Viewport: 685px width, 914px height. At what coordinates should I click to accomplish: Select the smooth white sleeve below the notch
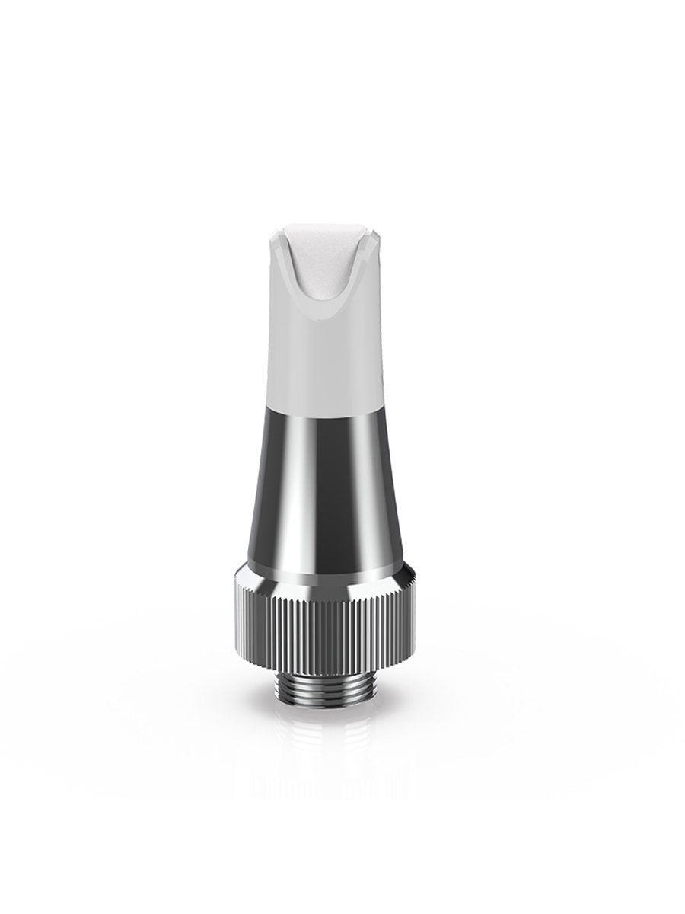click(325, 358)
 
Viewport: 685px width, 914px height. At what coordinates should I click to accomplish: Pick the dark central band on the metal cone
click(329, 487)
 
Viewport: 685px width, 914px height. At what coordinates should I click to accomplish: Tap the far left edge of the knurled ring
click(234, 632)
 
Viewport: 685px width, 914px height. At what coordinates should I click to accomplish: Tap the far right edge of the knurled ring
click(416, 632)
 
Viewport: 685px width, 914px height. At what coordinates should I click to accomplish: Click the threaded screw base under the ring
click(325, 689)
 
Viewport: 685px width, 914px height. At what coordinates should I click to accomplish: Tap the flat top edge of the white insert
click(325, 226)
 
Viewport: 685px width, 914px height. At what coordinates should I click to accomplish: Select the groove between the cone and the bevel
click(325, 573)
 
